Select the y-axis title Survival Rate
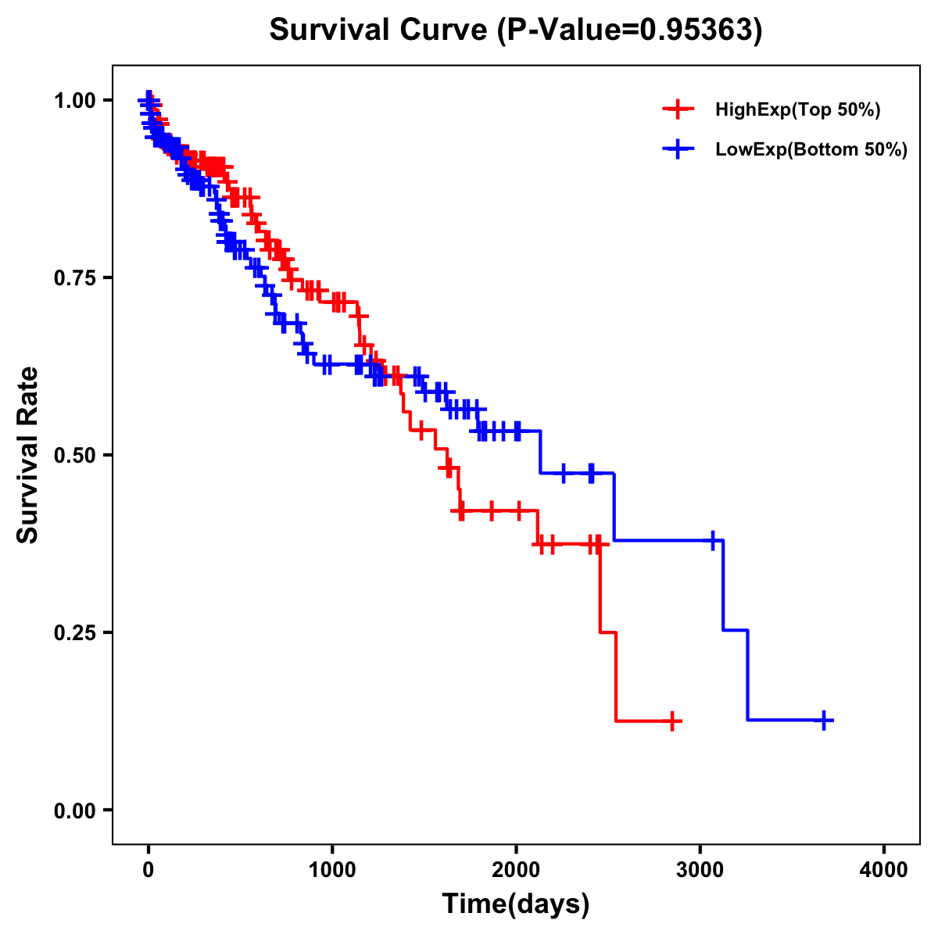[x=28, y=454]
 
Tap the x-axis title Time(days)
[x=516, y=904]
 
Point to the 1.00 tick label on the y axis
[x=74, y=100]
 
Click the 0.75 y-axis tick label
[x=74, y=277]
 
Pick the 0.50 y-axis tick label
[x=74, y=455]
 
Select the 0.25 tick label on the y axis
[x=74, y=632]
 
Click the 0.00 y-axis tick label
[x=74, y=810]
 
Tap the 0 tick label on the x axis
[x=149, y=870]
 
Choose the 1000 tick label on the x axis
[x=332, y=870]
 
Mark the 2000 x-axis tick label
[x=516, y=870]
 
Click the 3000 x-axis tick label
[x=700, y=870]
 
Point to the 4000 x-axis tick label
[x=884, y=870]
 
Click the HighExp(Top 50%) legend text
[x=798, y=110]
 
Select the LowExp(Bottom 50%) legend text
[x=811, y=150]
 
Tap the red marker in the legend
[x=678, y=110]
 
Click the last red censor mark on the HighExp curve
[x=671, y=721]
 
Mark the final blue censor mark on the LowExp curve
[x=824, y=721]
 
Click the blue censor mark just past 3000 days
[x=713, y=540]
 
